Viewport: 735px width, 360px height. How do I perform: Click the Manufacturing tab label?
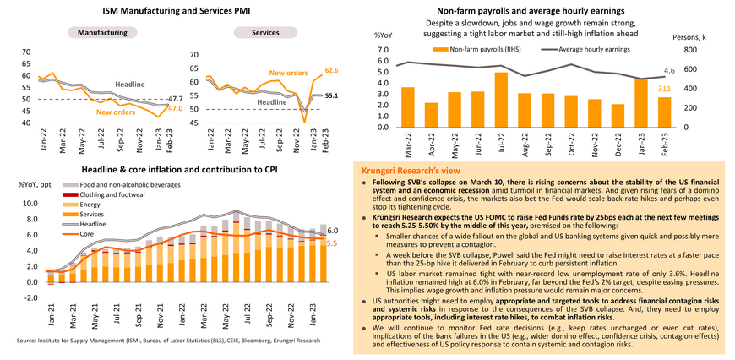[101, 32]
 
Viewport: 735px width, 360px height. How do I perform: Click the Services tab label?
[265, 32]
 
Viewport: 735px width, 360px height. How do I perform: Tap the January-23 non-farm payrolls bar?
[640, 103]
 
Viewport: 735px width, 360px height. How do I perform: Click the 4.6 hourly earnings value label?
[668, 70]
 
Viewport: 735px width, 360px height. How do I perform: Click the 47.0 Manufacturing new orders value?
[175, 108]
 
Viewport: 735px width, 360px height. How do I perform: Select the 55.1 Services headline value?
[332, 95]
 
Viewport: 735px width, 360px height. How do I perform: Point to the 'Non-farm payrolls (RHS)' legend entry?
[475, 49]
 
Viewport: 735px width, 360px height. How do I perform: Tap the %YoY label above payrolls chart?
[381, 36]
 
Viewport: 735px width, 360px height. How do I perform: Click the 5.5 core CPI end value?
[332, 243]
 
